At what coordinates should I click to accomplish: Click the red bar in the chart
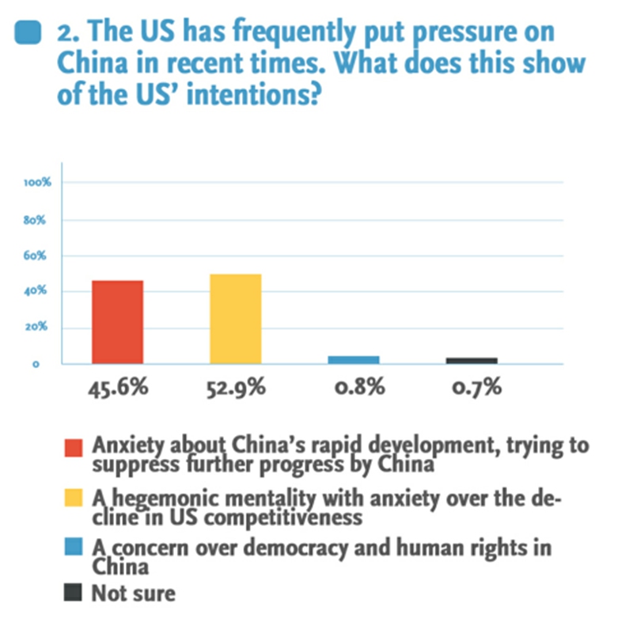coord(117,322)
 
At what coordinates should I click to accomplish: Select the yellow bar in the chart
coord(235,319)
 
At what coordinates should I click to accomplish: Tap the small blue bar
coord(353,359)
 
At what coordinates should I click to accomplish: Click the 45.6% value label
coord(118,388)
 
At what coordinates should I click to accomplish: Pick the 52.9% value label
coord(236,388)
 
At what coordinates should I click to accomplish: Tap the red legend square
coord(73,450)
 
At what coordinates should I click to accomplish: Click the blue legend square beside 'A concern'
coord(73,549)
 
